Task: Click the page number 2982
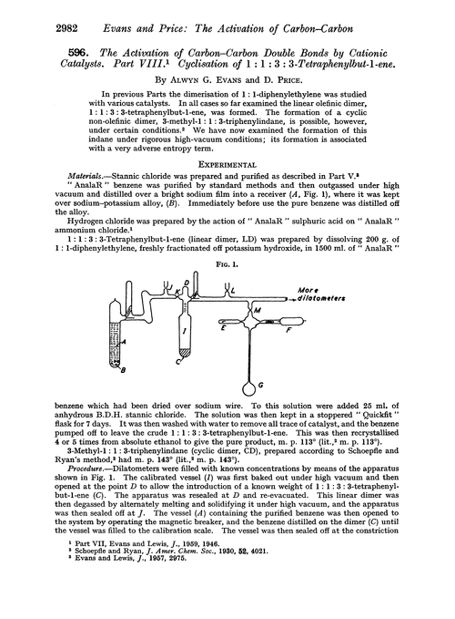pyautogui.click(x=28, y=11)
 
